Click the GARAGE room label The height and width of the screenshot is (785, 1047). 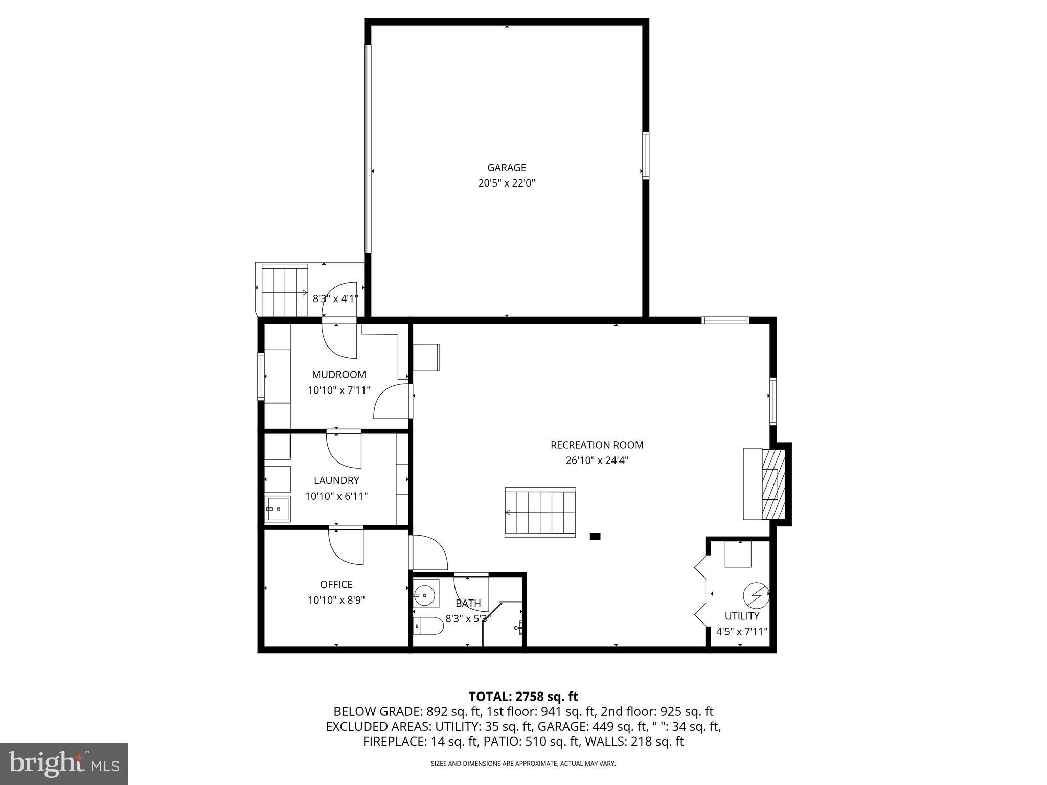click(506, 168)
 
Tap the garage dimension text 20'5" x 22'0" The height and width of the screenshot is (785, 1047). click(506, 183)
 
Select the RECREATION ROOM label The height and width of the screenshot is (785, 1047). click(597, 445)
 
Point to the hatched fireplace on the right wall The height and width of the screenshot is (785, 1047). click(772, 484)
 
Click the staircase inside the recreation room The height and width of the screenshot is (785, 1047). click(540, 512)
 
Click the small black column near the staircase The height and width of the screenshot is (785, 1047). click(595, 536)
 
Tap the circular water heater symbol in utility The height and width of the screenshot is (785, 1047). click(756, 594)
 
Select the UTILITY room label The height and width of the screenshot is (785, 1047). click(742, 616)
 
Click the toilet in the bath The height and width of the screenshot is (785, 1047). click(428, 626)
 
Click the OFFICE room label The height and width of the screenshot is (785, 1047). click(336, 584)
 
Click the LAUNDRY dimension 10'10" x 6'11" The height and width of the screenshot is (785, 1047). click(336, 496)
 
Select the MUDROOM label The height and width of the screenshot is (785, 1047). click(339, 375)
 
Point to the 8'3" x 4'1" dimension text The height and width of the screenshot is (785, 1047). click(335, 298)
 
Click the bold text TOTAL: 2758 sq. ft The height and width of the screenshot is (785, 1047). click(523, 696)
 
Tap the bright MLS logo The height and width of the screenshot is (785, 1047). click(64, 764)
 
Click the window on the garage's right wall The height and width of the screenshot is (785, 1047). click(646, 155)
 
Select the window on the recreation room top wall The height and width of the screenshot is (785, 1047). click(725, 320)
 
